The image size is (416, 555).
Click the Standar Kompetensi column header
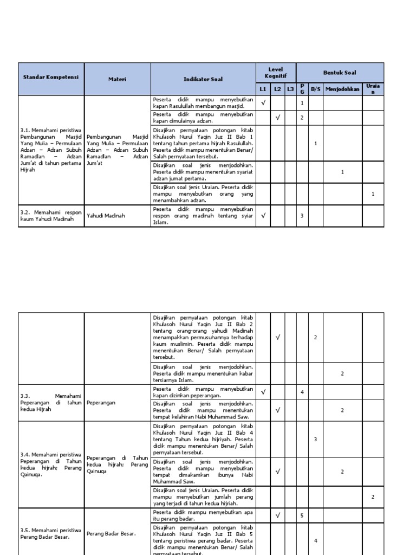[51, 78]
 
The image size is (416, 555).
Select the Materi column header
[117, 79]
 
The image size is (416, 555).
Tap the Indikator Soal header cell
[203, 79]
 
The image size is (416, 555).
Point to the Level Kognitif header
[276, 73]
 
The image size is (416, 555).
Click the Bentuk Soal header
[340, 73]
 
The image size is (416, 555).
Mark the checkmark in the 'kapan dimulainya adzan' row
[277, 118]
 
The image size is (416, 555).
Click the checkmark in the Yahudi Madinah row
[263, 216]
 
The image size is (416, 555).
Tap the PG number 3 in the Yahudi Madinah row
[302, 216]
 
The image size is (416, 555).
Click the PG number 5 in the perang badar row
[302, 515]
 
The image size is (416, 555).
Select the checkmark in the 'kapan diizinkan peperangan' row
[263, 391]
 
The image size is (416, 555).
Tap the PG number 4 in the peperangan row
[302, 391]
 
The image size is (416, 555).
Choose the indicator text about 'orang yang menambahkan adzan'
[203, 193]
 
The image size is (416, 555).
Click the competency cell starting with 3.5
[51, 533]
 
